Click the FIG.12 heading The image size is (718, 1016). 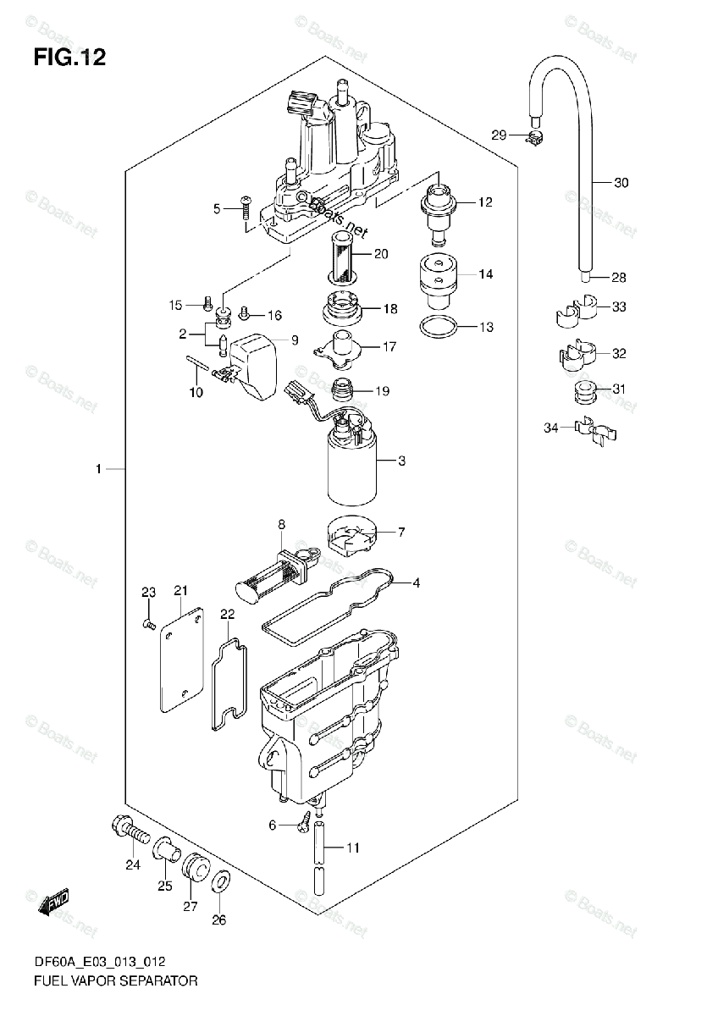(x=69, y=58)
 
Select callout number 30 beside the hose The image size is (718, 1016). (x=621, y=183)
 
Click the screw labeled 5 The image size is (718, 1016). (x=246, y=207)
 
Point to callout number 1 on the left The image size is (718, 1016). (x=98, y=469)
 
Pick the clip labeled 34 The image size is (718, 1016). (x=594, y=431)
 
